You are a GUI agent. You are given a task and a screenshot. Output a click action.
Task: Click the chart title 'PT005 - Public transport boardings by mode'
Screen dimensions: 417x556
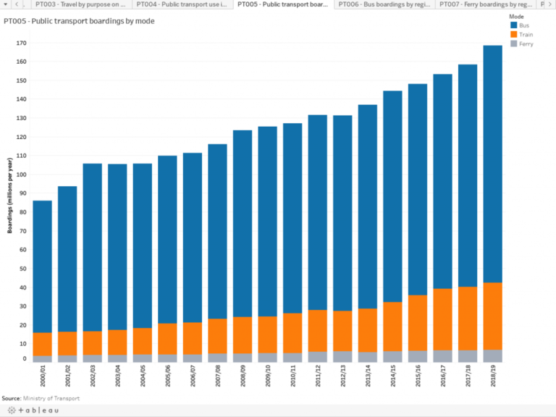point(79,21)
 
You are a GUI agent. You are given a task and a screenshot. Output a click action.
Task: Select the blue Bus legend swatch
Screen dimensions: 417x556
point(514,25)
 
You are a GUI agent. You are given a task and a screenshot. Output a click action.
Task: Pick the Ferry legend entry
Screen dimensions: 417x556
point(526,44)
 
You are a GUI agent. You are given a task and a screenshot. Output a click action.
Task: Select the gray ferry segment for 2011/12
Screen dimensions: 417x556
point(317,357)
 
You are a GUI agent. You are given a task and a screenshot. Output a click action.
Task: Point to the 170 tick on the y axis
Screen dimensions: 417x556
point(21,43)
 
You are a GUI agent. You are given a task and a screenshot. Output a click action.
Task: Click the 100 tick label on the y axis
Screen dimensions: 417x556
point(21,174)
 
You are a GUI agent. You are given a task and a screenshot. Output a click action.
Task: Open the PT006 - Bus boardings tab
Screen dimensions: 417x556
point(386,5)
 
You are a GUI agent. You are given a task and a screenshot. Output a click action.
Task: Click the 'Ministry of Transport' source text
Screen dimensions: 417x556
point(51,398)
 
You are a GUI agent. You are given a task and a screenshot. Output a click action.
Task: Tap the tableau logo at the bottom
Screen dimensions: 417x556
point(29,410)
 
